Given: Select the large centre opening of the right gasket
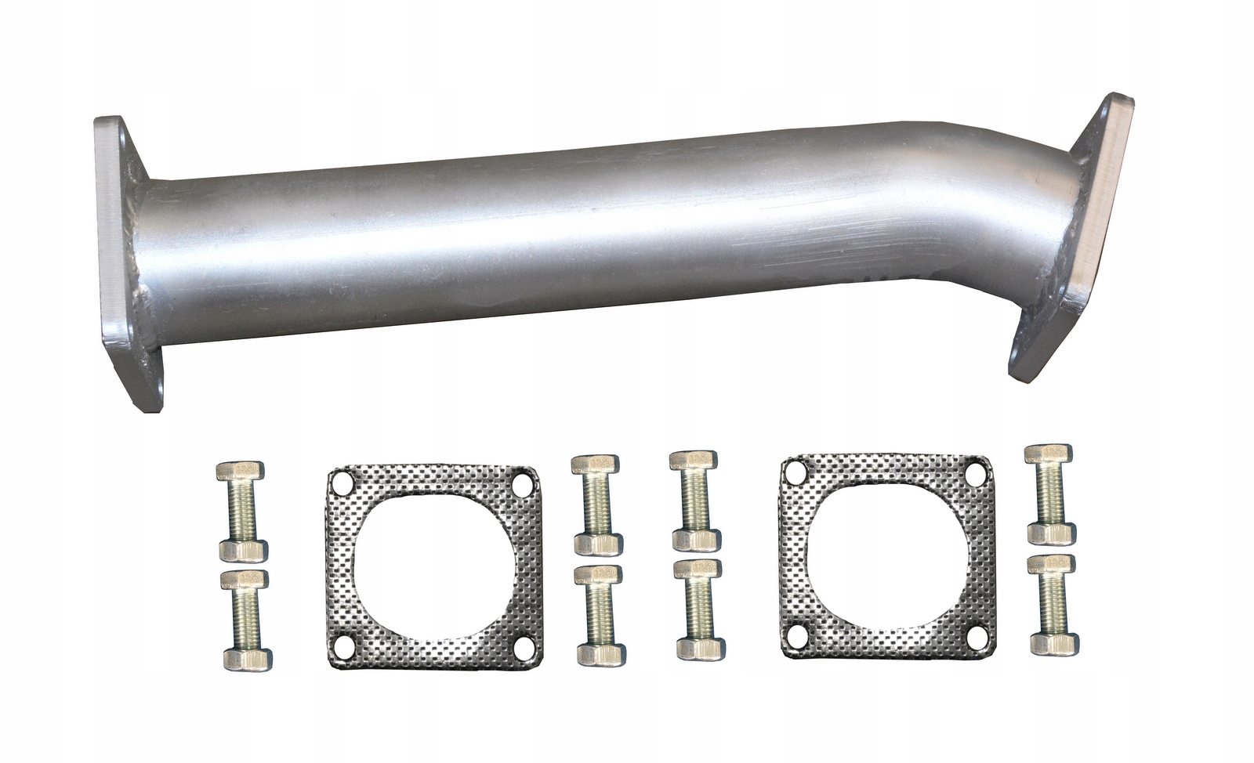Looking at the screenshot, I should click(x=883, y=553).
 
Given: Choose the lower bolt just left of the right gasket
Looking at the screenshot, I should click(x=696, y=607).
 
